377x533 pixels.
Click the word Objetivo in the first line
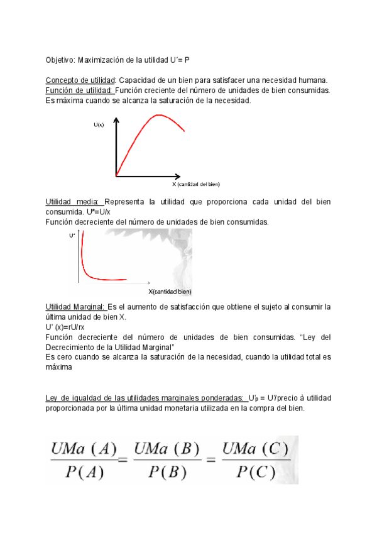coord(60,60)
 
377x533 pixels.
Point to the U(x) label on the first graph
coord(99,124)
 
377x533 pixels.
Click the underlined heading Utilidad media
coord(74,202)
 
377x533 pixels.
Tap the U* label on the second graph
coord(72,235)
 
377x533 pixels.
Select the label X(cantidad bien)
coord(170,292)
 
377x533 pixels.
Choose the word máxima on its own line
coord(60,367)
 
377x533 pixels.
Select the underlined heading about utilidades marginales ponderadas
coord(145,398)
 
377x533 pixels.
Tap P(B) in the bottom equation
coord(167,473)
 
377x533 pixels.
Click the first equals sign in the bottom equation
coord(123,461)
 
